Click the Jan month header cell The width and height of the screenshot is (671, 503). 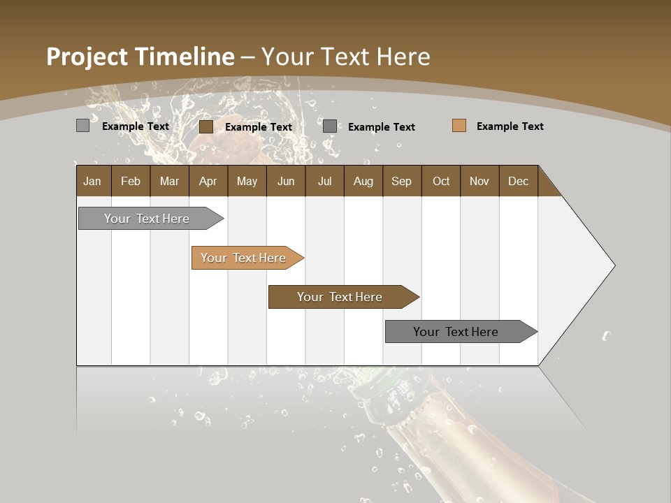click(x=93, y=181)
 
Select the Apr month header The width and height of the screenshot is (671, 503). click(x=208, y=181)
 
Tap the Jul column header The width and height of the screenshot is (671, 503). click(x=324, y=181)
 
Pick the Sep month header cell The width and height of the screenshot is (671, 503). click(x=401, y=181)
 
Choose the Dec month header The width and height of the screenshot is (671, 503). click(x=518, y=181)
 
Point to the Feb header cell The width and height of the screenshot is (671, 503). click(x=131, y=181)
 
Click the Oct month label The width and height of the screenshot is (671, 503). click(x=441, y=181)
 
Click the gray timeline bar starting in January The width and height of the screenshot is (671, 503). click(x=147, y=219)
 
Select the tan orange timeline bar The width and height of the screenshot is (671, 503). click(x=243, y=258)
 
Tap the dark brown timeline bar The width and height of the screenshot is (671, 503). click(x=340, y=297)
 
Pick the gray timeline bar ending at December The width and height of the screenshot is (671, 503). click(x=456, y=332)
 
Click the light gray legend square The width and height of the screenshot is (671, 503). click(x=82, y=126)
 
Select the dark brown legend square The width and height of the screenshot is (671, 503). click(x=205, y=126)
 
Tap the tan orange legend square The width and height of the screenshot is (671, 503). click(x=459, y=126)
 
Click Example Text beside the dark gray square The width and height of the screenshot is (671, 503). click(x=381, y=127)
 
